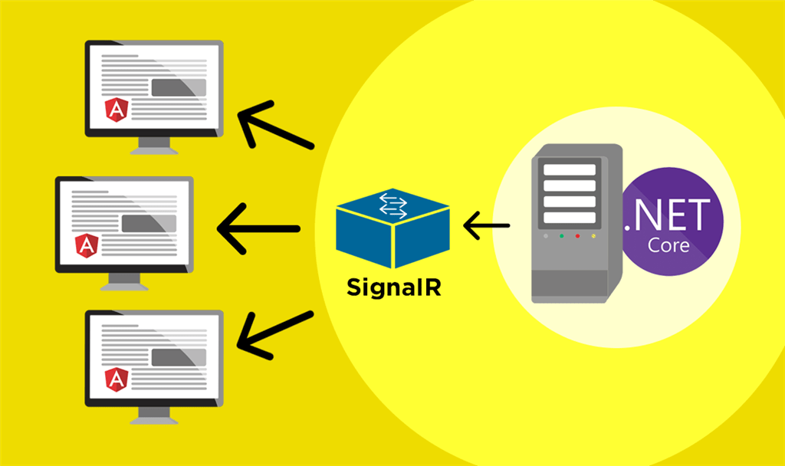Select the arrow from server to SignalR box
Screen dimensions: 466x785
coord(487,226)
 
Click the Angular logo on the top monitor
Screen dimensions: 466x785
coord(117,110)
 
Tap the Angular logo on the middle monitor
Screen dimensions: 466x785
coord(87,245)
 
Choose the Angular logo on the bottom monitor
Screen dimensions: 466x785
coord(117,379)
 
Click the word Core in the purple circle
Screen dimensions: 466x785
coord(668,246)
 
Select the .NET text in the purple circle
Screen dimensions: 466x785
coord(668,215)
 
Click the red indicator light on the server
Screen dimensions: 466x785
coord(577,236)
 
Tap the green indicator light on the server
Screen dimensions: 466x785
coord(561,236)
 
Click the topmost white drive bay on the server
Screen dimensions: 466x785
coord(569,170)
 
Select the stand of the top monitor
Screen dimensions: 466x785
coord(154,146)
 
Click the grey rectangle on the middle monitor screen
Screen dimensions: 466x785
coord(146,222)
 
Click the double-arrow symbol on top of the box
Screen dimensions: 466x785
coord(392,204)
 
